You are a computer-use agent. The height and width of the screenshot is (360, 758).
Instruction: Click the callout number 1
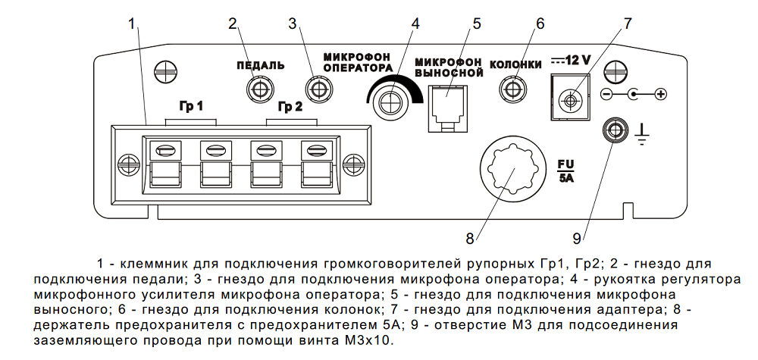click(x=131, y=23)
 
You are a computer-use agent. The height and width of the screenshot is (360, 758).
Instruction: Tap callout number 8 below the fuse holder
click(x=469, y=238)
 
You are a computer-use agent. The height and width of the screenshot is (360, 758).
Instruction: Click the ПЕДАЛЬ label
click(x=260, y=65)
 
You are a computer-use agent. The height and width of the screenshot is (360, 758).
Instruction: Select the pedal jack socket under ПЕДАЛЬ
click(x=258, y=91)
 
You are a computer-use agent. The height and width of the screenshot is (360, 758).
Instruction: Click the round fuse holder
click(x=512, y=169)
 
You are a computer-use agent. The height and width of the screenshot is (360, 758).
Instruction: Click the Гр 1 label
click(x=191, y=105)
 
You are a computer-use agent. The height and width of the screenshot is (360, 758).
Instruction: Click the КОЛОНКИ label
click(x=515, y=64)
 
